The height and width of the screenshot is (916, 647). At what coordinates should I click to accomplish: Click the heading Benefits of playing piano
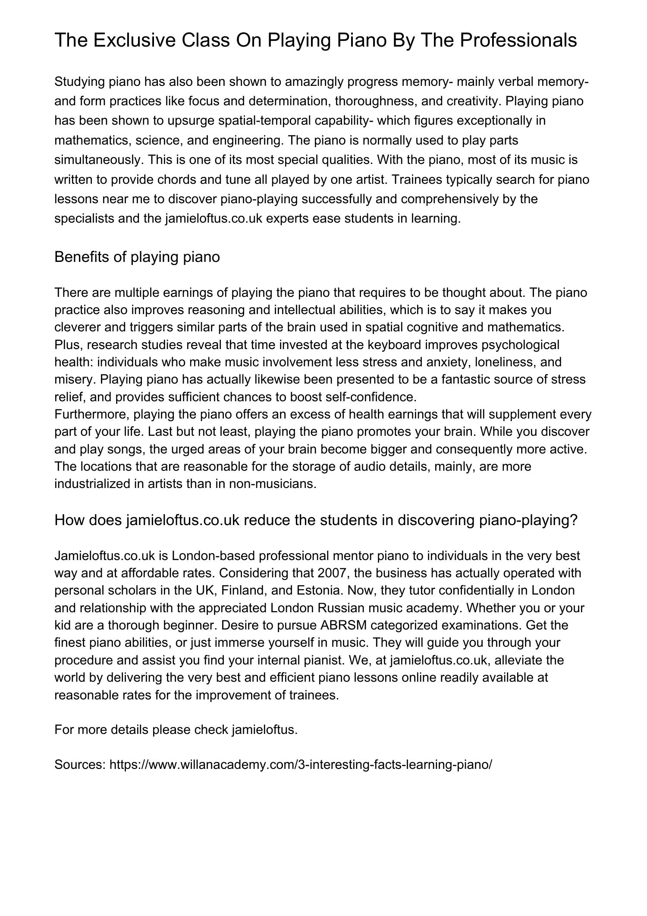tap(137, 257)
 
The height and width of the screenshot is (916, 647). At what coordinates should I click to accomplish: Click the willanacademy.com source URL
tap(301, 765)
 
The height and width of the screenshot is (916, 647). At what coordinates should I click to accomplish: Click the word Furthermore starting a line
tap(92, 414)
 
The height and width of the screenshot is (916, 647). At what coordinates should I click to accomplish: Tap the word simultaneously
tap(99, 160)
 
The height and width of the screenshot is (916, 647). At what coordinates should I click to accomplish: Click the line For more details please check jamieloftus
tap(176, 730)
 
